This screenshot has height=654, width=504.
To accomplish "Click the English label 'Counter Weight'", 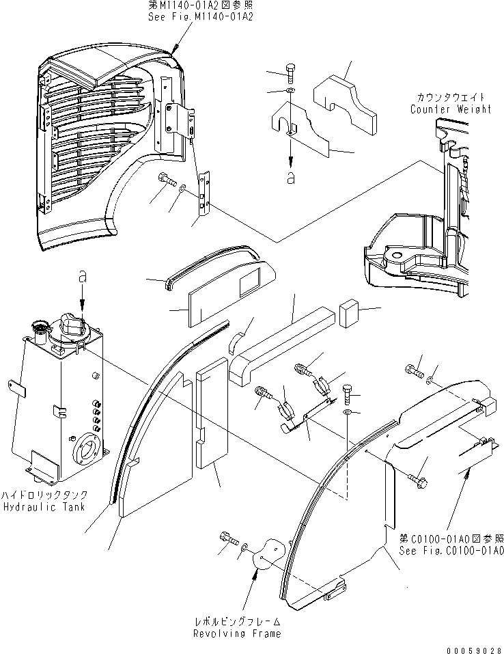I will (x=450, y=109).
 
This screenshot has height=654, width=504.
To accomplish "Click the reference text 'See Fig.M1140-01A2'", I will (x=200, y=17).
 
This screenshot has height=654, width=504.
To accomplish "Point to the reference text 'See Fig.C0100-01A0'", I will (x=462, y=550).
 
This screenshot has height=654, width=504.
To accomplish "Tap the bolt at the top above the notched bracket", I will (x=290, y=73).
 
